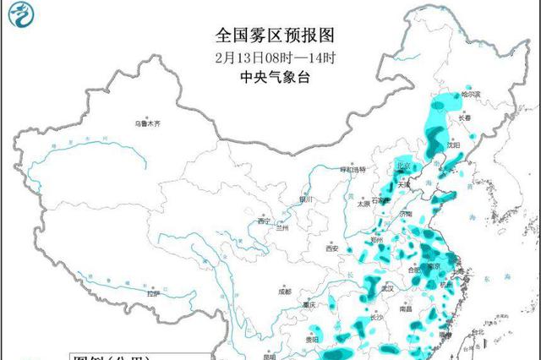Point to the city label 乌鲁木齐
[x=147, y=124]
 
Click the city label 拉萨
[x=152, y=294]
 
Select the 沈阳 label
[x=454, y=145]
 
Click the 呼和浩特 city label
[x=352, y=169]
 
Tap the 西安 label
[x=331, y=248]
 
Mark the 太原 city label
[x=363, y=204]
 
